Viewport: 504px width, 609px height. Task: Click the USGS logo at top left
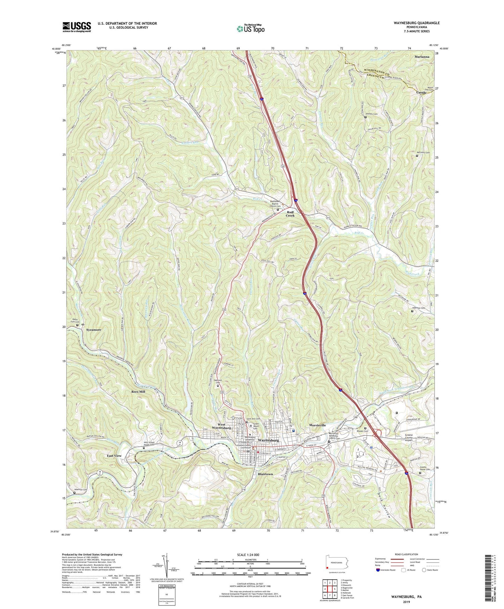coord(77,27)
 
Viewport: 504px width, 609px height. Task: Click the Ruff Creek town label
coord(290,214)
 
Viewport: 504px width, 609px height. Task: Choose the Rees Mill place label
coord(138,392)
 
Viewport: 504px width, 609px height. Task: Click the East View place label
coord(114,456)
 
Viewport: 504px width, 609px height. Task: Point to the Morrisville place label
coord(317,425)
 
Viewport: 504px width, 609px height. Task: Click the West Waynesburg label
coord(222,426)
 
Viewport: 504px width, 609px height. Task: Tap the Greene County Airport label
coord(414,438)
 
